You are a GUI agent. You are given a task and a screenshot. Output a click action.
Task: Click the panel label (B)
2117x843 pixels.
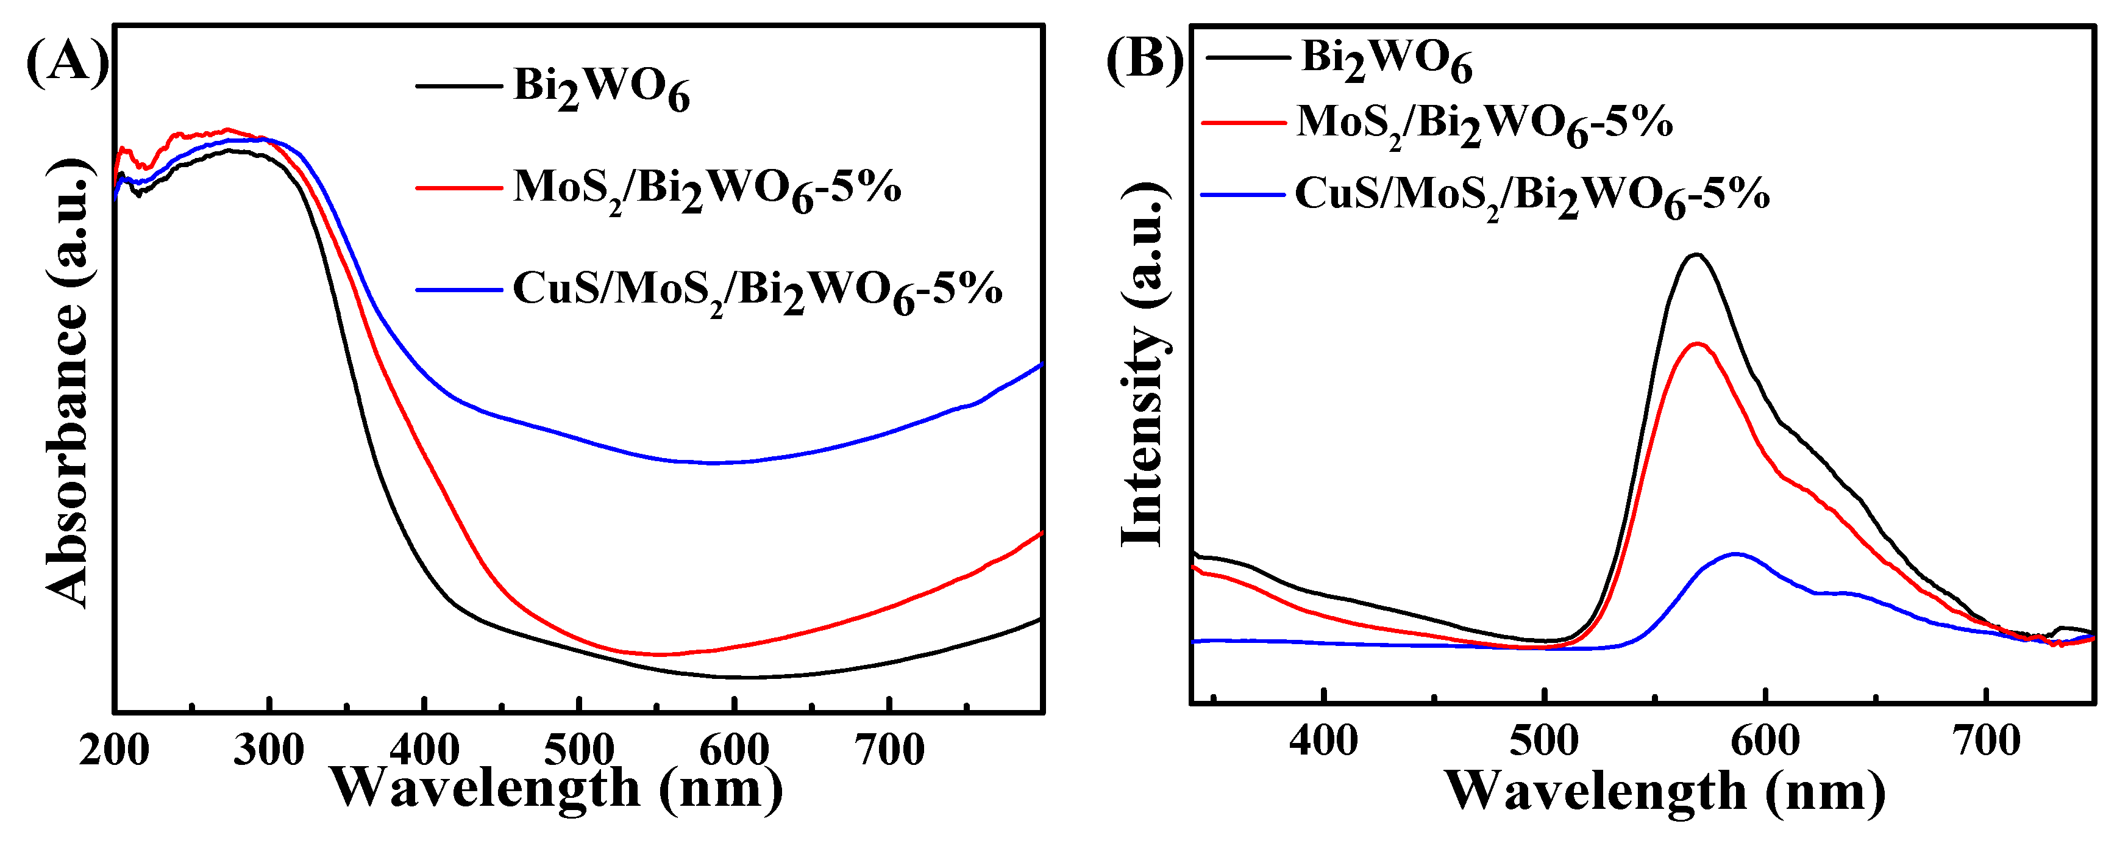point(1145,59)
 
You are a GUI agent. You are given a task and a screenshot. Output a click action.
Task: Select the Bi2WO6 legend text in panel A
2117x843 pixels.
point(602,89)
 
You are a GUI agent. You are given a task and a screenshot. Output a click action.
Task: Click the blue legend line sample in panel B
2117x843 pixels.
point(1242,196)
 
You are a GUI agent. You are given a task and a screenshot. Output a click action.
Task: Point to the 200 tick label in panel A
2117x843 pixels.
point(114,750)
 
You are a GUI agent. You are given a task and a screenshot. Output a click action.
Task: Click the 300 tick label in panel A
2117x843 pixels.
point(269,750)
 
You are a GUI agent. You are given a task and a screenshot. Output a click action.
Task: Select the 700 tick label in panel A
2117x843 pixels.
point(890,750)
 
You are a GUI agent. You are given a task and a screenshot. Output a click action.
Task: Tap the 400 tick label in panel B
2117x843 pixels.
point(1324,741)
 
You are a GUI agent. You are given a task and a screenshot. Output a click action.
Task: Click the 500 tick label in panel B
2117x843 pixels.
point(1544,741)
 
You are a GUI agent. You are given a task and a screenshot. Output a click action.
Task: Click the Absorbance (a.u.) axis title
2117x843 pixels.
point(68,382)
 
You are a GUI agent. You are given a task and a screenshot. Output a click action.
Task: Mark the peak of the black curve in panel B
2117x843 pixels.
point(1695,254)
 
